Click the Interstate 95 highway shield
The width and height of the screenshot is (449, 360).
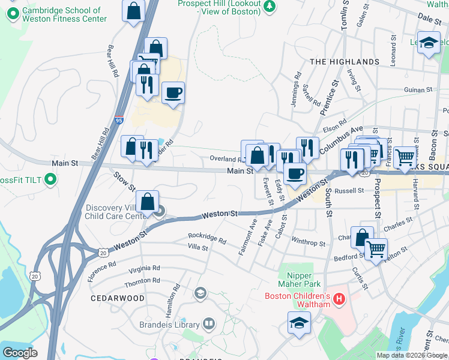pyautogui.click(x=119, y=120)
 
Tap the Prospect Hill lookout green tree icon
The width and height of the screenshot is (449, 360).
pyautogui.click(x=270, y=5)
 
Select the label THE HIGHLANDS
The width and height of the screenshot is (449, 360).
pyautogui.click(x=344, y=62)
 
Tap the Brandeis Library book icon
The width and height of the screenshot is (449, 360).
pyautogui.click(x=208, y=324)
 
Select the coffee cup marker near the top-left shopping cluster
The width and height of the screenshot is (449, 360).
pyautogui.click(x=173, y=93)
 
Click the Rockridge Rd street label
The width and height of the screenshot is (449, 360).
pyautogui.click(x=206, y=238)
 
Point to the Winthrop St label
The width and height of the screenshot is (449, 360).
pyautogui.click(x=308, y=244)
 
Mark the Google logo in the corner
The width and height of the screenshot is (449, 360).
pyautogui.click(x=20, y=353)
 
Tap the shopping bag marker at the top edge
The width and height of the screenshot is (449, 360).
pyautogui.click(x=133, y=10)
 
